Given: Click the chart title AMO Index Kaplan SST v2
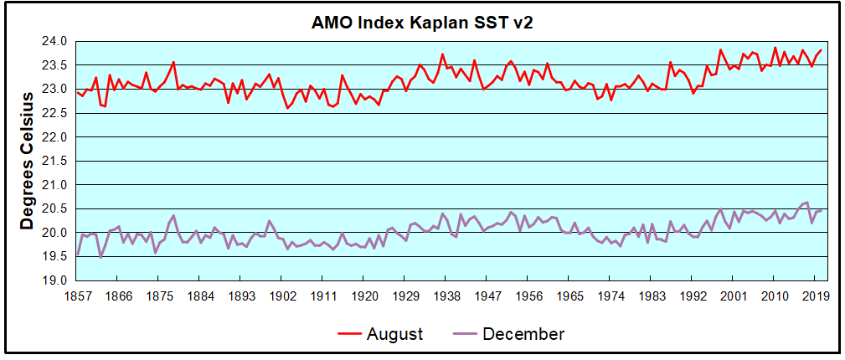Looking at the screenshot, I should pos(422,23).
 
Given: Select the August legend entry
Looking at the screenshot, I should pos(394,334).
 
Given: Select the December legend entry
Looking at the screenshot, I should pos(523,334).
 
